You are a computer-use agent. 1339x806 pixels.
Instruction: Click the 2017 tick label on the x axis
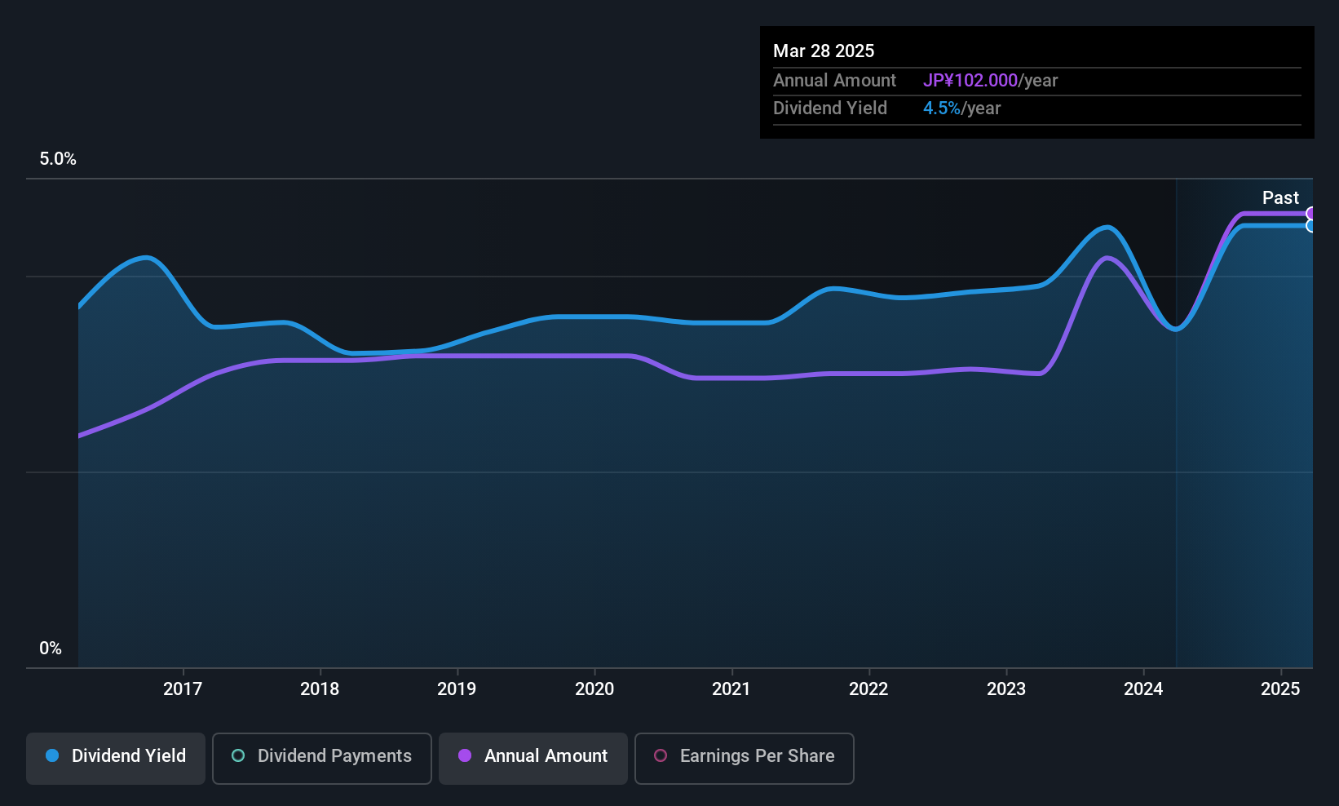pyautogui.click(x=183, y=689)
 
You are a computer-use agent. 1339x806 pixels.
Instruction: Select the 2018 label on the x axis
pyautogui.click(x=320, y=689)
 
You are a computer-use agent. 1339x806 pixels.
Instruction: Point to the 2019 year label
pyautogui.click(x=457, y=689)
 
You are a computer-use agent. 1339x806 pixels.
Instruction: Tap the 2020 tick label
pyautogui.click(x=594, y=689)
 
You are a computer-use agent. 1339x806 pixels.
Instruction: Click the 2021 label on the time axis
pyautogui.click(x=731, y=689)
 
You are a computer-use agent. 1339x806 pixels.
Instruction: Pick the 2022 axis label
pyautogui.click(x=868, y=689)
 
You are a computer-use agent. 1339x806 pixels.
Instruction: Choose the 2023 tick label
pyautogui.click(x=1006, y=689)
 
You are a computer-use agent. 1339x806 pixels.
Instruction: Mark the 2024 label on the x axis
pyautogui.click(x=1143, y=689)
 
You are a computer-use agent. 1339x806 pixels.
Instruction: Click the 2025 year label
pyautogui.click(x=1280, y=689)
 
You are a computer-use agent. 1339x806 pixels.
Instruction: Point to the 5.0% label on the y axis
pyautogui.click(x=58, y=159)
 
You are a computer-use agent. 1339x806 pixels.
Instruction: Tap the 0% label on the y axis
pyautogui.click(x=51, y=649)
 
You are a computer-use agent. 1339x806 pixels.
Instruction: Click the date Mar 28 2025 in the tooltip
pyautogui.click(x=824, y=51)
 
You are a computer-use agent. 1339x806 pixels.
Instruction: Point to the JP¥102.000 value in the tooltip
pyautogui.click(x=970, y=81)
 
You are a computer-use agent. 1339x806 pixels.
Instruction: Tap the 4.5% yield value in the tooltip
pyautogui.click(x=942, y=108)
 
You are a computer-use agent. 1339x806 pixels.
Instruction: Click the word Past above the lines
pyautogui.click(x=1280, y=198)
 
